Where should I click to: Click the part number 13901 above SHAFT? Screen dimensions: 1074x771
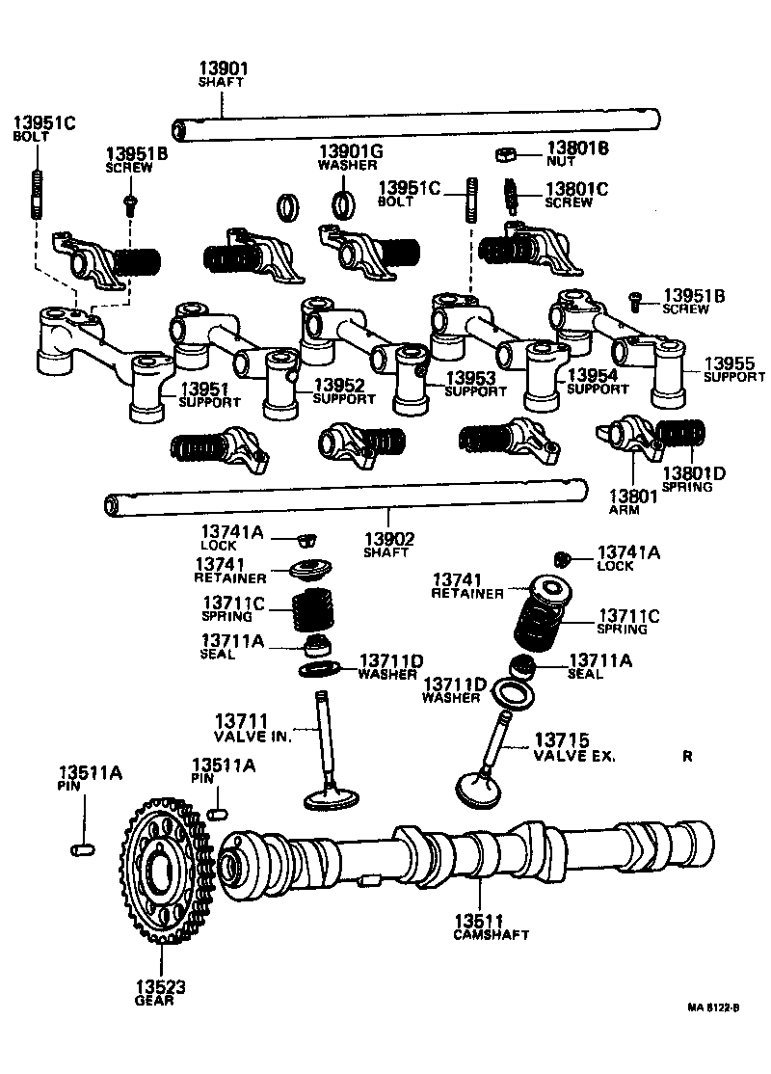(x=224, y=68)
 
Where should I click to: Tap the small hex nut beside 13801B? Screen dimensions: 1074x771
(x=504, y=153)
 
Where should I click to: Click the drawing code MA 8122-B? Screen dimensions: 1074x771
(x=712, y=1007)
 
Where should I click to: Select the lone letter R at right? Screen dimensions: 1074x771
(x=687, y=757)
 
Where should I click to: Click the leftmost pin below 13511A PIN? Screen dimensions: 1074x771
(x=81, y=849)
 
